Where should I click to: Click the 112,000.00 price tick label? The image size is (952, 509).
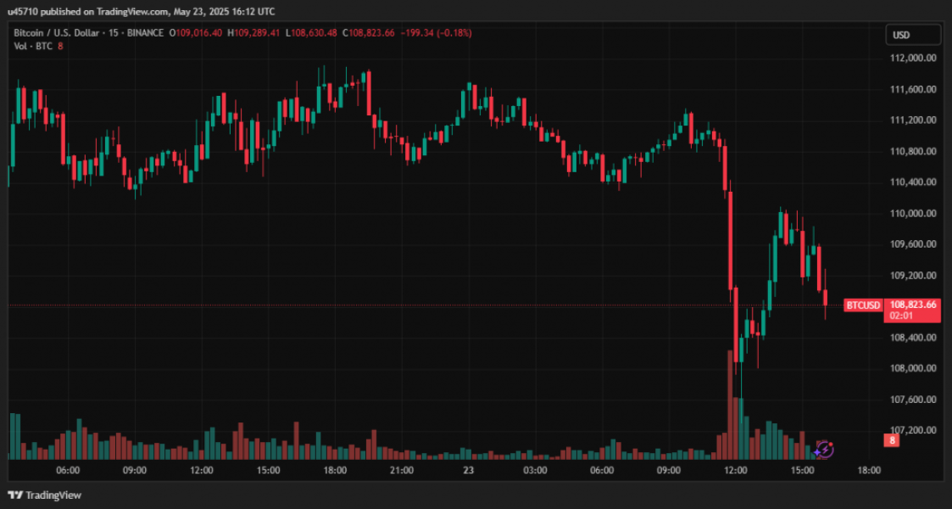[x=912, y=58]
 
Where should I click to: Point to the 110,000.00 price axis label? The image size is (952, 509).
[x=912, y=213]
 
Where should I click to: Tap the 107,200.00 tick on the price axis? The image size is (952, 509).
[x=912, y=430]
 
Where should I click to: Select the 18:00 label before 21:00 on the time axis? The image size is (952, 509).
[x=335, y=470]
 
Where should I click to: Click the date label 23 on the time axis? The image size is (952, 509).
[x=468, y=470]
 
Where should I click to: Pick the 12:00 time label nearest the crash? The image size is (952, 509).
[x=735, y=470]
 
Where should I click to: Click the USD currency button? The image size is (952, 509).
[x=913, y=35]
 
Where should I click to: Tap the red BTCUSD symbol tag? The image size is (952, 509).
[x=863, y=305]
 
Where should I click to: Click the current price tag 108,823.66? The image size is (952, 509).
[x=912, y=305]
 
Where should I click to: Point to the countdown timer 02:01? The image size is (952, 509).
[x=899, y=316]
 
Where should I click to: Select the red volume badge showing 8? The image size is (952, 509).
[x=892, y=440]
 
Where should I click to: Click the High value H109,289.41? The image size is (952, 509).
[x=256, y=32]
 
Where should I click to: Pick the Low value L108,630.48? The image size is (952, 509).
[x=312, y=32]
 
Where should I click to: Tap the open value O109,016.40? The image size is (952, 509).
[x=197, y=32]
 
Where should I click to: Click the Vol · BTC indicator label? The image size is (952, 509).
[x=32, y=46]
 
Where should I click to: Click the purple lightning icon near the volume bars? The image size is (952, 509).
[x=824, y=450]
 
